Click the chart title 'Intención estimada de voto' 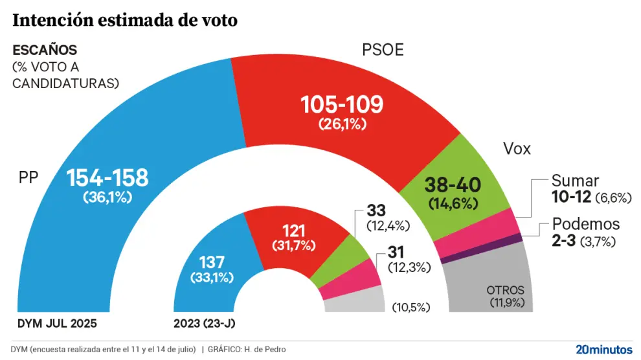point(125,21)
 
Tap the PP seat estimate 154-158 point(107,177)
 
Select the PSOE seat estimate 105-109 point(342,104)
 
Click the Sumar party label point(575,181)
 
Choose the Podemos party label point(585,224)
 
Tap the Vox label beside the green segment point(517,149)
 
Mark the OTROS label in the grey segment point(505,291)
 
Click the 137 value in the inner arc point(212,262)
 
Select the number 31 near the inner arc point(396,252)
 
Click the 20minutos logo point(603,349)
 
